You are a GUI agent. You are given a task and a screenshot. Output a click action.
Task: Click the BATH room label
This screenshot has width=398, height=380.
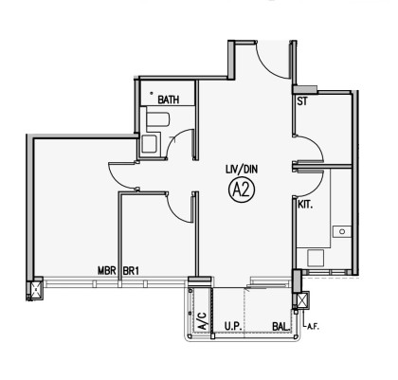coord(169,100)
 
